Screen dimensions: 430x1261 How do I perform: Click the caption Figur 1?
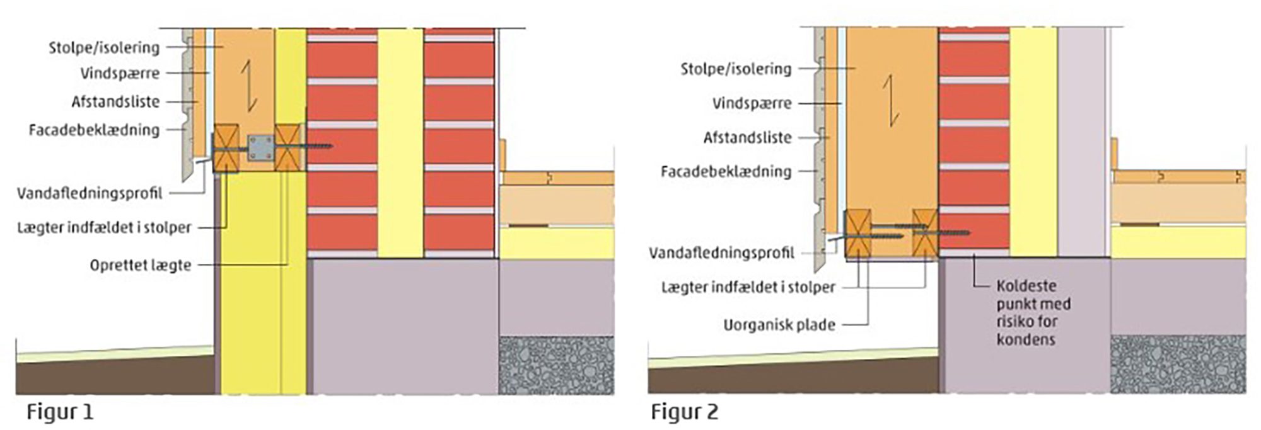[x=60, y=412]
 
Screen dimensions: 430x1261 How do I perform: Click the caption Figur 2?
[x=684, y=412]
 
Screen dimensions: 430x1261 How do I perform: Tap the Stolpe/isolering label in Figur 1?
[x=105, y=48]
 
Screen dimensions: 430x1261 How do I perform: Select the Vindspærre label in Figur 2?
[x=752, y=103]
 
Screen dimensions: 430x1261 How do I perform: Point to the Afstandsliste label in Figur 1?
[x=115, y=102]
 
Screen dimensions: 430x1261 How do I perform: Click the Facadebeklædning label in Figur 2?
[x=726, y=171]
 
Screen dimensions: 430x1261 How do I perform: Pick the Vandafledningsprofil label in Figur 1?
[x=90, y=193]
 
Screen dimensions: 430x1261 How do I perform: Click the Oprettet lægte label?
[x=140, y=265]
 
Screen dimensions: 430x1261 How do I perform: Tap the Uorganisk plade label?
[x=779, y=325]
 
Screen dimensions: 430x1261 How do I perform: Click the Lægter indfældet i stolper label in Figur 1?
[x=104, y=228]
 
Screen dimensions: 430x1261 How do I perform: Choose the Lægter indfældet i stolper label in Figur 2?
[x=748, y=288]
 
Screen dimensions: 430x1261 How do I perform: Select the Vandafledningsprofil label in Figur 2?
[x=721, y=253]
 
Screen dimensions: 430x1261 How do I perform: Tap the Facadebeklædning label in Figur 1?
[x=94, y=130]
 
